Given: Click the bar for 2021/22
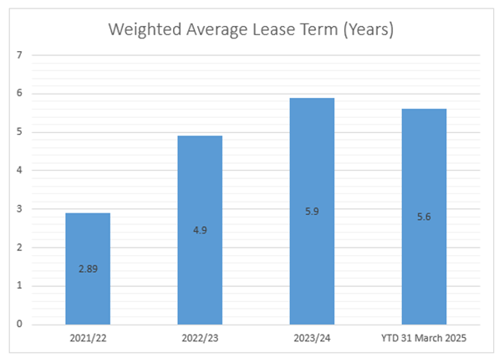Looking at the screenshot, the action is pos(88,269).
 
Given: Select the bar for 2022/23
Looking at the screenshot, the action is pos(200,230).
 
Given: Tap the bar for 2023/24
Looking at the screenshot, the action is pos(312,211).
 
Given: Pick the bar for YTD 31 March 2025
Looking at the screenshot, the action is pos(424,217).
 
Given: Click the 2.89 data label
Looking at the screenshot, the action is pos(88,269).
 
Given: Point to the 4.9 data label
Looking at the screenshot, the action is pos(200,230).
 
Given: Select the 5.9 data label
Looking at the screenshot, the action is pos(312,212).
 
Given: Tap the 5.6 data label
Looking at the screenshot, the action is pos(424,217).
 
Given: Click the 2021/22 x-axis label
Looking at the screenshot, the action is pos(88,338).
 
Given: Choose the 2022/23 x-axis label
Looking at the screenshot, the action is pos(200,338).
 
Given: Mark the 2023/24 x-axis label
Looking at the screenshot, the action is pos(312,338).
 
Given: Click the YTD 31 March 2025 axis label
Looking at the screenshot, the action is pos(424,338).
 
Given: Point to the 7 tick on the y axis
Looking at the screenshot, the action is pos(19,55).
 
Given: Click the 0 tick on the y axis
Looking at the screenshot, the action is pos(19,324).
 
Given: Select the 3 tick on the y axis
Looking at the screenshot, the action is pos(19,208).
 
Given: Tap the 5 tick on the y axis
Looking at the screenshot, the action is pos(19,131).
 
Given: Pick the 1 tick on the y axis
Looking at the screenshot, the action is pos(19,285).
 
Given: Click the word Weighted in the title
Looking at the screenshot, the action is pos(145,30).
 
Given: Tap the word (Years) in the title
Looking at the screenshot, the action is pos(369,30).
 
